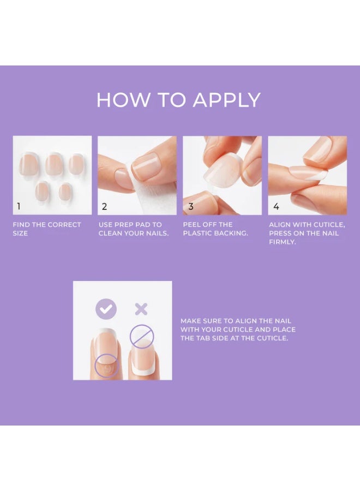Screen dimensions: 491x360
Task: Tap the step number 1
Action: (19, 207)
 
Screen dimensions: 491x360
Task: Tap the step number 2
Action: (104, 207)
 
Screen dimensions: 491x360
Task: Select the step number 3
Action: (190, 207)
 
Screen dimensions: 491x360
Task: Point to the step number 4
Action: (276, 207)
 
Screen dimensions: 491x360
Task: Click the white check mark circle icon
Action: (106, 309)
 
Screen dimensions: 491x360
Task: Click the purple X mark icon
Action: (141, 309)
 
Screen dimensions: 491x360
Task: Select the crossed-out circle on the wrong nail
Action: (142, 337)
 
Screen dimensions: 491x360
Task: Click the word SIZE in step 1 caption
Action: (20, 233)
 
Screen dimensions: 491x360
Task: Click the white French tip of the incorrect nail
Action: (142, 372)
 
